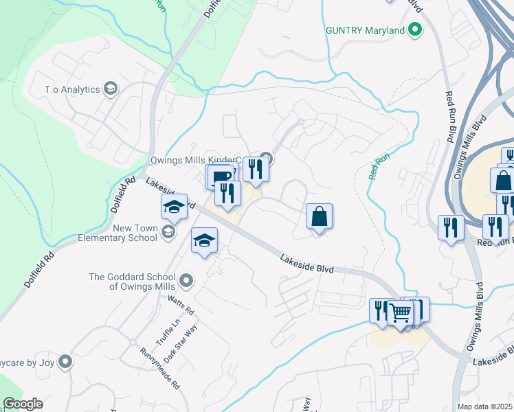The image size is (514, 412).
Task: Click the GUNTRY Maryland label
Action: [x=365, y=31]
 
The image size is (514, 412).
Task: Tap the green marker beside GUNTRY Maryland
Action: [x=414, y=30]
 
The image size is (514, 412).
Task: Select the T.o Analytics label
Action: [x=72, y=89]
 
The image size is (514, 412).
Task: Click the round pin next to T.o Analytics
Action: [x=110, y=89]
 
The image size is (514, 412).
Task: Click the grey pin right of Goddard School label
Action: [x=186, y=280]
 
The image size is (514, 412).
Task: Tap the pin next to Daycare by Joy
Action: [x=65, y=361]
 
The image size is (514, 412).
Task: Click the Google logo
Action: [x=23, y=404]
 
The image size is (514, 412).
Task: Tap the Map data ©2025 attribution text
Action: [x=485, y=407]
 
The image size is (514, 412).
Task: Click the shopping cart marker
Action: [x=401, y=312]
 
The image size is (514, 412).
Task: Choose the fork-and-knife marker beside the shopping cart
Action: [x=381, y=310]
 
